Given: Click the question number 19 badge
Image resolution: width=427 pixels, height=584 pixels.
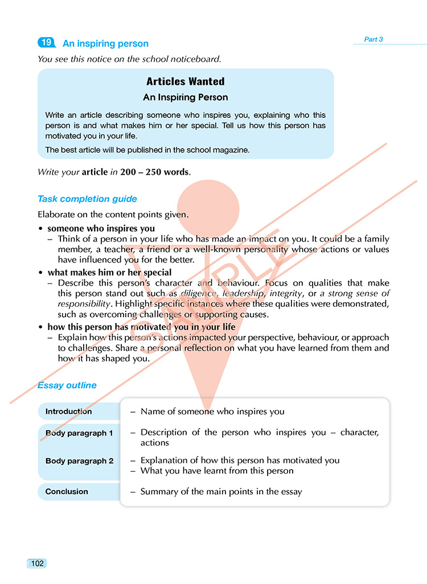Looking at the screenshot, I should pos(47,43).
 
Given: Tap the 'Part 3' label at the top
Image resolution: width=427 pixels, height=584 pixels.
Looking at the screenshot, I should pos(373,39).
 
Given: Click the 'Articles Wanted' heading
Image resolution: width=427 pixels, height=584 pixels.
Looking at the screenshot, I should pos(186,81).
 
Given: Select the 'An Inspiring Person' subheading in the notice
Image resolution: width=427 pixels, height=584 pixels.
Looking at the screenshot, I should pos(186,97).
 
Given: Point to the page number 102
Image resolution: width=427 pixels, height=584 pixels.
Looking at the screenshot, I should pos(37,564).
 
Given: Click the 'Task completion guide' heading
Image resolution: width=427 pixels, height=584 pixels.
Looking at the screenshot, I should pos(87,199).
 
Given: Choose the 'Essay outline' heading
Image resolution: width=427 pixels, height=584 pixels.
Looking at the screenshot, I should pos(67,385).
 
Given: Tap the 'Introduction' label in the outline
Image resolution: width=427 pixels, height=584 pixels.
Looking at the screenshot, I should pos(68,412).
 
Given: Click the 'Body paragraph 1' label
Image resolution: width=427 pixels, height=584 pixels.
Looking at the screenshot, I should pos(79,433).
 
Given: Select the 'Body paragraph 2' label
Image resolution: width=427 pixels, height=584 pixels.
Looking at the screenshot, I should pos(79,461).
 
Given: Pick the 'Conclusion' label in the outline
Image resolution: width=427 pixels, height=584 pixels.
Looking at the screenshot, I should pos(67,491).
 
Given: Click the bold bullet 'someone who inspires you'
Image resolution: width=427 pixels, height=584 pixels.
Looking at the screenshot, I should pos(101,229).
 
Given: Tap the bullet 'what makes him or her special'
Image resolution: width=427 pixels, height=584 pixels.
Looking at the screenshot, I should pos(109,273).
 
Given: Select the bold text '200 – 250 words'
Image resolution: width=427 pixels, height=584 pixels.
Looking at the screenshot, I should pos(154,171).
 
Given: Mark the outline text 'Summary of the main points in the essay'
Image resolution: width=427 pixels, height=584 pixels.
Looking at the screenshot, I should pos(221,491).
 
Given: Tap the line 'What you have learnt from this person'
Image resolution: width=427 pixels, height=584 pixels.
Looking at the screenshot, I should pos(217,471).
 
